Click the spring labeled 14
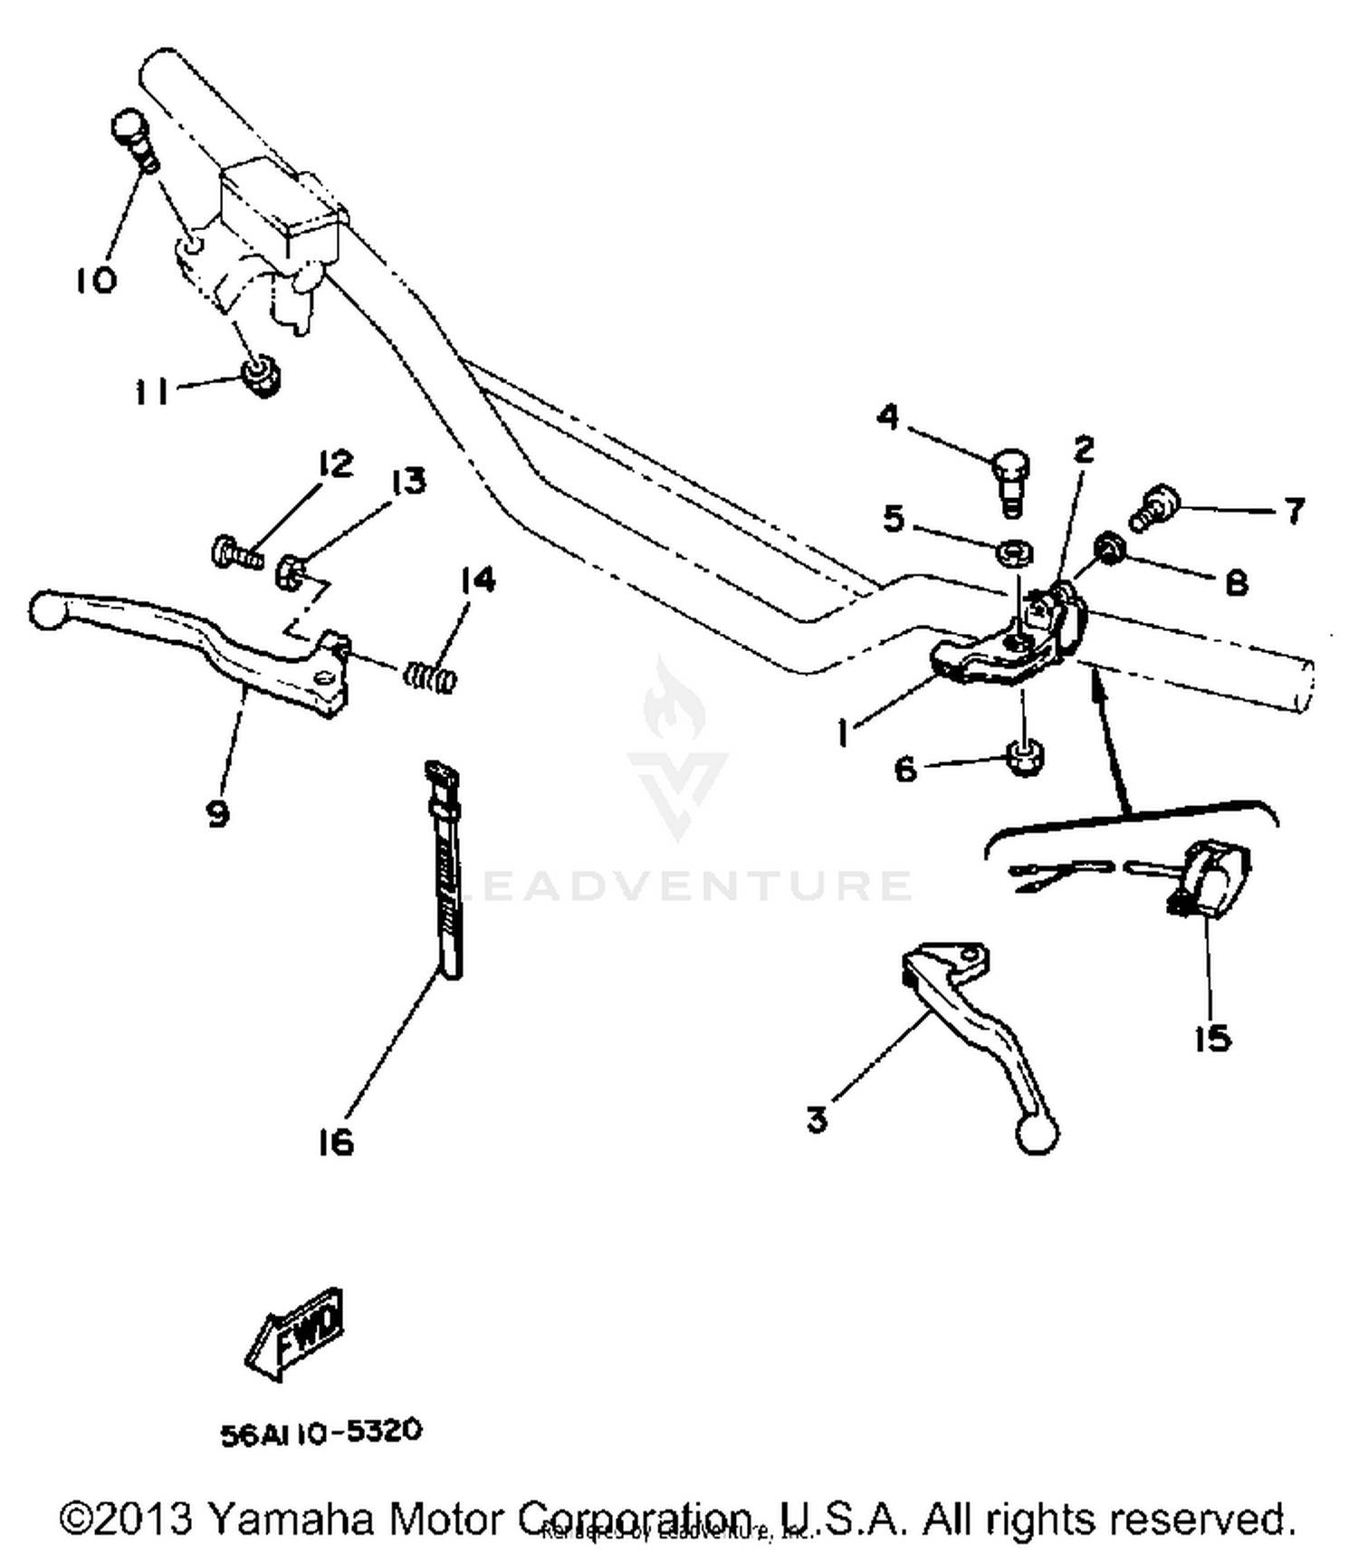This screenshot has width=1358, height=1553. pos(429,676)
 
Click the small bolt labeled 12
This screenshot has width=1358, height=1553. pos(234,552)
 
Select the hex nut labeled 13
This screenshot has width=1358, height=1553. pos(289,570)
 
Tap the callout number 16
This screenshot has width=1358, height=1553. pos(336,1143)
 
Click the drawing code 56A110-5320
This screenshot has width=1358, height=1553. pos(321,1433)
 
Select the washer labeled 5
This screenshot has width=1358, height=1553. pos(1015,551)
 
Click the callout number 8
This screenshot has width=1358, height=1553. pos(1236,583)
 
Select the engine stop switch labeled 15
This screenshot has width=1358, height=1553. pos(1213,877)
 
